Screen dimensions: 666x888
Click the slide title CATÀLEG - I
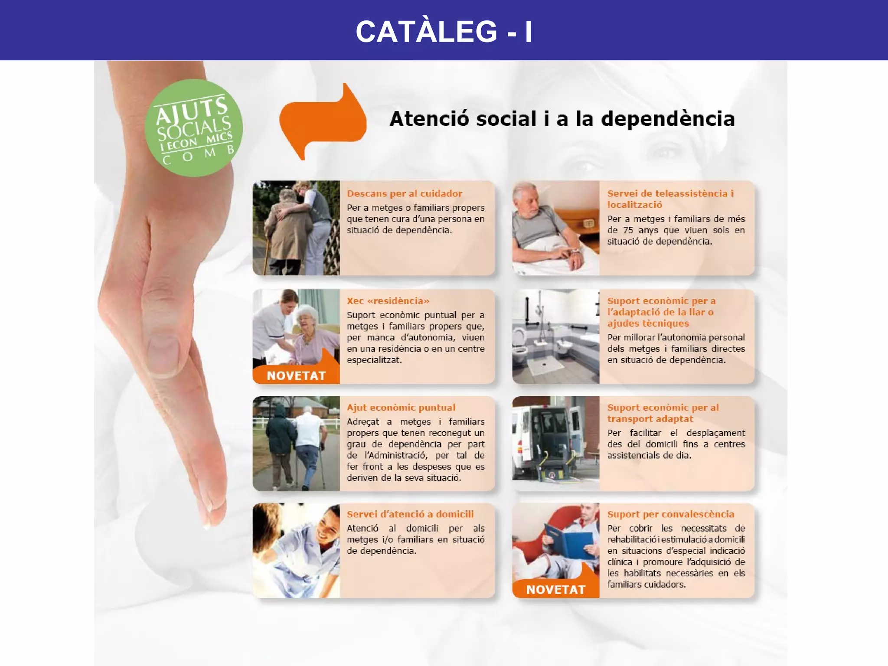tap(444, 31)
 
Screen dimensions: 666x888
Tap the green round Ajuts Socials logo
tap(193, 128)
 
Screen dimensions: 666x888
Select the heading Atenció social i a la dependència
tap(562, 119)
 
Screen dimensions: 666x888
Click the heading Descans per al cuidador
tap(404, 193)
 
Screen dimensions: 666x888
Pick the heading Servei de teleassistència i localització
tap(670, 199)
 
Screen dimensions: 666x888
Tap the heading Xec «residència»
tap(388, 301)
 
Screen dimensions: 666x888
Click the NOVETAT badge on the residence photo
tap(296, 375)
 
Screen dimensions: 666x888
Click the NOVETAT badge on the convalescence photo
tap(555, 589)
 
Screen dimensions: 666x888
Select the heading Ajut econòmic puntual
tap(401, 408)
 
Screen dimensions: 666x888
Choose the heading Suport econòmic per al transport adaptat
tap(663, 413)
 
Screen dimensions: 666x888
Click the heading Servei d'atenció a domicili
tap(410, 514)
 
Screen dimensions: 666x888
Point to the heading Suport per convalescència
tap(670, 514)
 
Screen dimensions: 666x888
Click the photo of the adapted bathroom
tap(555, 336)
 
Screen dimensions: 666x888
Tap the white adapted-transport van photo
tap(555, 443)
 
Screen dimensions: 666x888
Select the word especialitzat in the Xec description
tap(374, 360)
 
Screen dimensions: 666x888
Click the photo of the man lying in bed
tap(555, 228)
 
